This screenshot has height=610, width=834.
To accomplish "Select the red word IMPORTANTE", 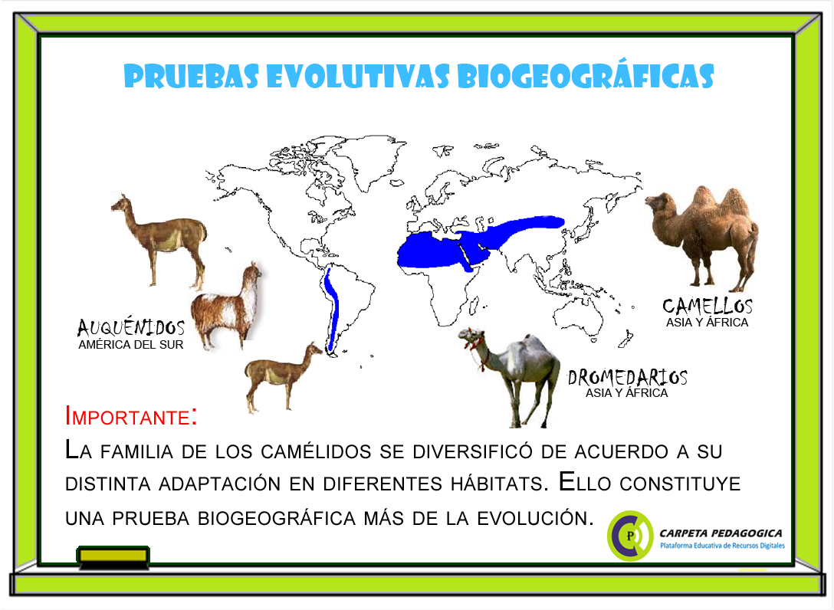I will pos(130,417).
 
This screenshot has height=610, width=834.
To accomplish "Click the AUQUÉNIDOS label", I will pos(131,328).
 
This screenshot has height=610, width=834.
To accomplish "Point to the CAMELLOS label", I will pos(707,306).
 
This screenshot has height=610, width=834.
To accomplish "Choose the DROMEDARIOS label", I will pos(627,377).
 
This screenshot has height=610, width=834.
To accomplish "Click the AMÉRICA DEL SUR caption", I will pos(131,345).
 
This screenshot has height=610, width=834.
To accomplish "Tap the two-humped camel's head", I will pos(658,203).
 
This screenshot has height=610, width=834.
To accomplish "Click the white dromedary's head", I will pos(470,338).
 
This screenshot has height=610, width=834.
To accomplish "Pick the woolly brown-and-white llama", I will pos(226,307).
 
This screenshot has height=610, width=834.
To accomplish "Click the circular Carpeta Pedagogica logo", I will pos(630,535).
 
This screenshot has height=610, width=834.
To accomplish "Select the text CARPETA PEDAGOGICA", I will pos(721,533).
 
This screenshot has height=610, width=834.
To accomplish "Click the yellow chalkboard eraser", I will pos(114,556).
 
